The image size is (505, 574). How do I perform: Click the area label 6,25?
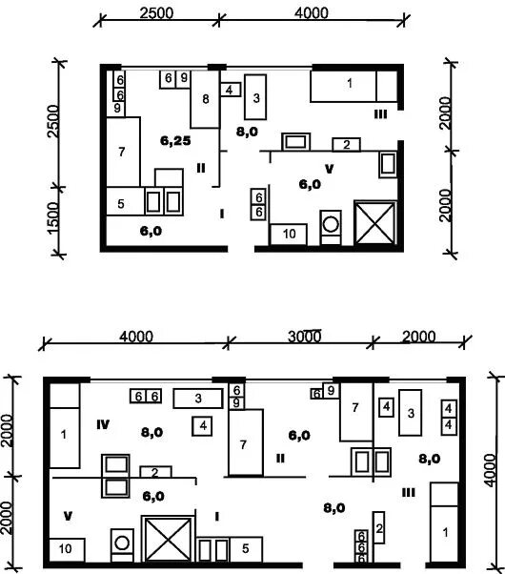[x=175, y=140]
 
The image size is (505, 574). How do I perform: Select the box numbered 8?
[x=205, y=99]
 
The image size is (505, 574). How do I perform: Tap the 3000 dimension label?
[x=305, y=336]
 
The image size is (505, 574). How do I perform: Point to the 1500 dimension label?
[x=53, y=217]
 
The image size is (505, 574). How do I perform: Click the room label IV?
[x=103, y=424]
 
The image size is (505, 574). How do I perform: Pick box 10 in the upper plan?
[x=289, y=234]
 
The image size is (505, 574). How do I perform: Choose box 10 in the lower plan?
[x=67, y=549]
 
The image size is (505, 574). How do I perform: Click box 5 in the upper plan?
[x=125, y=201]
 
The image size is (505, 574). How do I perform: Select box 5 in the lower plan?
[x=246, y=549]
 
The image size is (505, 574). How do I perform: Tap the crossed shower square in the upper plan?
[x=375, y=222]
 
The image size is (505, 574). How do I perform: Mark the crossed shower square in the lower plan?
[x=168, y=539]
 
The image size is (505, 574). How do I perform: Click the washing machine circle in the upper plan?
[x=331, y=224]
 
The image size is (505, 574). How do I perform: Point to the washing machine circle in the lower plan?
[x=122, y=543]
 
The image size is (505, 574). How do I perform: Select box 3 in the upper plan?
[x=255, y=97]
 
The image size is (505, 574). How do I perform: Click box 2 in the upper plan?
[x=346, y=145]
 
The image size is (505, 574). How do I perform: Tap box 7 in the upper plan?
[x=123, y=152]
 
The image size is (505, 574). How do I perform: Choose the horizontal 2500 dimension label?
[x=156, y=13]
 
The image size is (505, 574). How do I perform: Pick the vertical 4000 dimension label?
[x=491, y=470]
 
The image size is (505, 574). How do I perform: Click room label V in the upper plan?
[x=330, y=169]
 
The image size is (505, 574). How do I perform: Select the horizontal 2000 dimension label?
[x=418, y=336]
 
